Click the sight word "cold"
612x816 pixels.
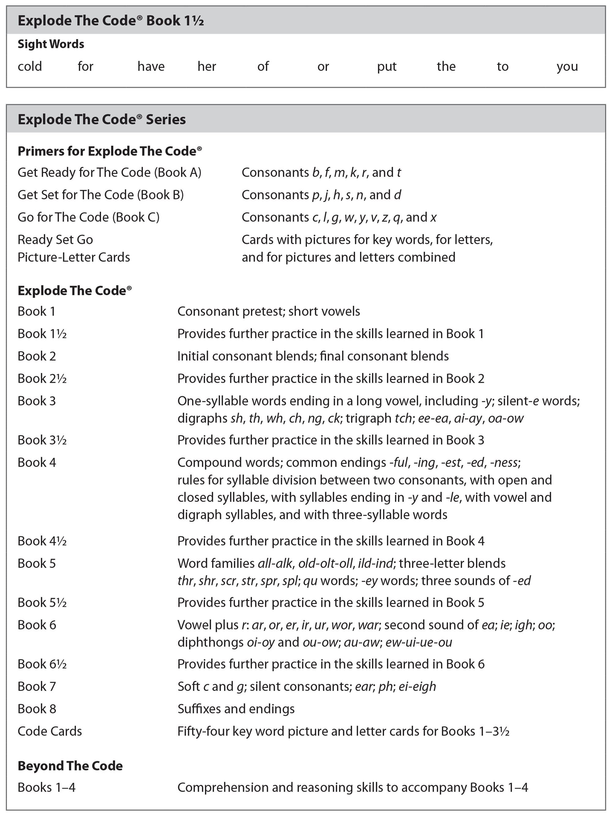[x=30, y=67]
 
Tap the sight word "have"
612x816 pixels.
[x=151, y=67]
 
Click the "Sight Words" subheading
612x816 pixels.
[x=51, y=44]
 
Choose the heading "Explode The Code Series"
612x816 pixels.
[x=102, y=119]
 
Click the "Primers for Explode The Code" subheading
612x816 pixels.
[x=109, y=151]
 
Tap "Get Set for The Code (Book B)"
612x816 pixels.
[x=100, y=195]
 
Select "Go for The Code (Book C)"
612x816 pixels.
[x=89, y=217]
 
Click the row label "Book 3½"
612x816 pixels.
[x=42, y=440]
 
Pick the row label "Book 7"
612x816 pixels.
[x=36, y=686]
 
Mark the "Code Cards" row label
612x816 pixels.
[x=50, y=731]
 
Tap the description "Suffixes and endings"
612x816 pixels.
[x=236, y=709]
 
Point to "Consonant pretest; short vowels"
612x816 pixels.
[x=269, y=311]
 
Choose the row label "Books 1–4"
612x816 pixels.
[x=47, y=788]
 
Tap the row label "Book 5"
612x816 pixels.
[x=36, y=563]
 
